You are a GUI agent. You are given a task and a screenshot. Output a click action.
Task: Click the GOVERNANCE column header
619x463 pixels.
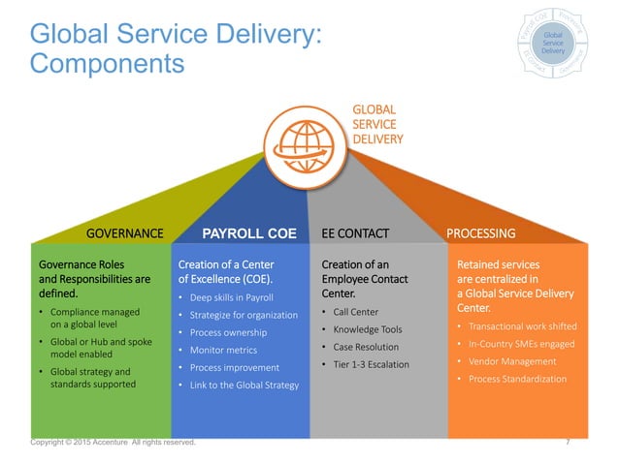tap(125, 233)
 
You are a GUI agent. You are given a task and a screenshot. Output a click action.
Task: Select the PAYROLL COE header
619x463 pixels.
tap(248, 233)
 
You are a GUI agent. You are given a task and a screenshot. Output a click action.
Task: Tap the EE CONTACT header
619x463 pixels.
tap(354, 233)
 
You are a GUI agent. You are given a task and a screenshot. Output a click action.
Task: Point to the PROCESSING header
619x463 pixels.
tap(480, 233)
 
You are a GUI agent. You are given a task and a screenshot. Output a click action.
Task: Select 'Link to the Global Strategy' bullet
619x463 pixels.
tap(246, 386)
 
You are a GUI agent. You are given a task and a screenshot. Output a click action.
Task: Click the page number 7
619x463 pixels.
tap(567, 442)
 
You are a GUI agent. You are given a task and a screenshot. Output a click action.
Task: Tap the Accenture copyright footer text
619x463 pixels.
tap(113, 442)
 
